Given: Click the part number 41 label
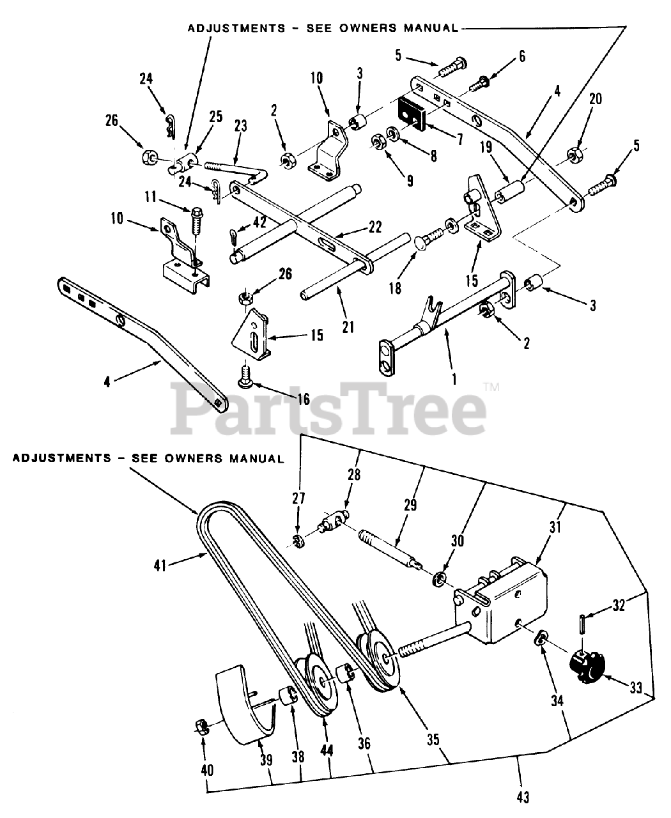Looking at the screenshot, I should [x=162, y=564].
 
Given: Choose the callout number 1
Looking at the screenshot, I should [x=454, y=379].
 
